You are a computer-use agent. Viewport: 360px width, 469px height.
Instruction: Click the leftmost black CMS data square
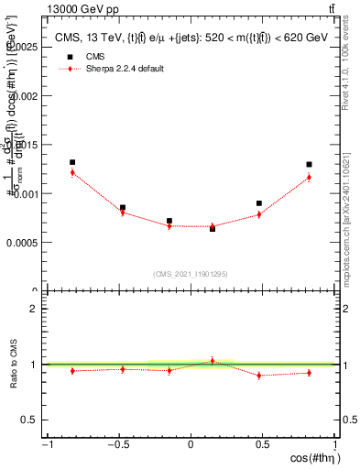(72, 162)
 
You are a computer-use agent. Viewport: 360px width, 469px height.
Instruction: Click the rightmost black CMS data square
(310, 165)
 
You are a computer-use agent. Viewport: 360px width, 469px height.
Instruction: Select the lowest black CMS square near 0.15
(213, 228)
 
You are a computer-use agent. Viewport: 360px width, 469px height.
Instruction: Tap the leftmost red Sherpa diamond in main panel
(72, 172)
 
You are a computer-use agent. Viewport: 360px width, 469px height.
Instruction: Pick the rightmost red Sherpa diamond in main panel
(310, 177)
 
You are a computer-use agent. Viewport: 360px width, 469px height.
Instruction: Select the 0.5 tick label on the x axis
(262, 444)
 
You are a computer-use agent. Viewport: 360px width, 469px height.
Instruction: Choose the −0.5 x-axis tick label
(117, 444)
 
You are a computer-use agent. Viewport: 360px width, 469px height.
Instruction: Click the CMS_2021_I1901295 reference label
(191, 274)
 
